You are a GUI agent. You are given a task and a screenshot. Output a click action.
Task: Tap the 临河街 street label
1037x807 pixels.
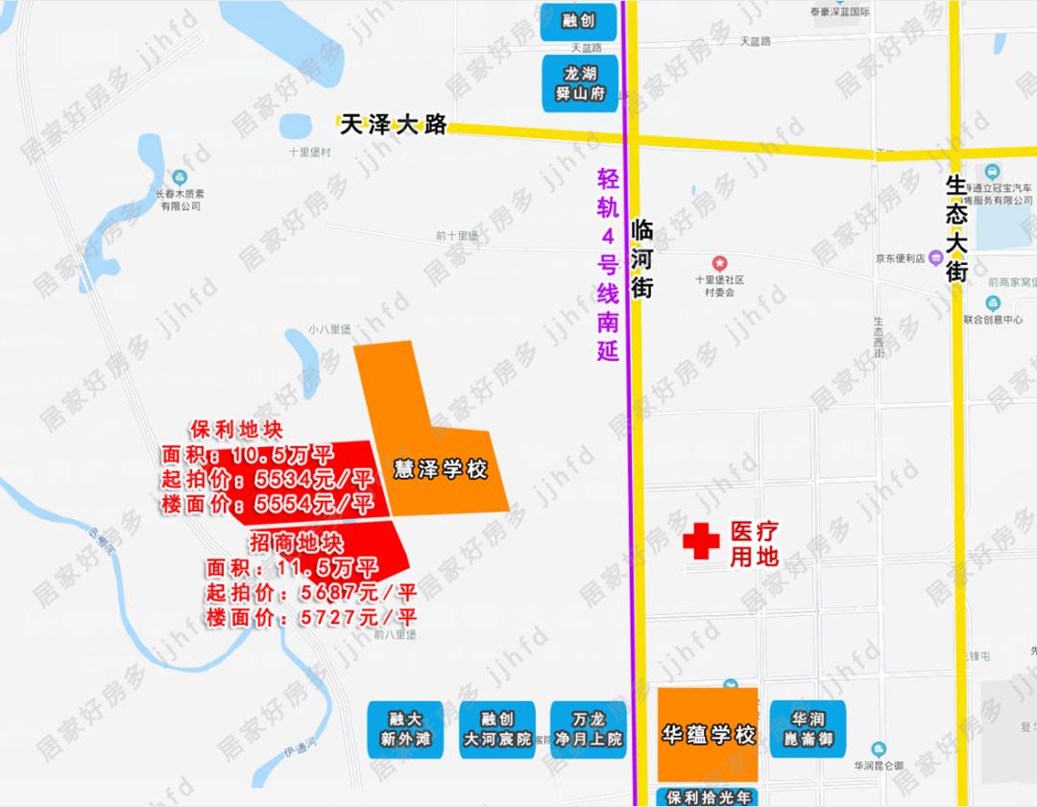642,259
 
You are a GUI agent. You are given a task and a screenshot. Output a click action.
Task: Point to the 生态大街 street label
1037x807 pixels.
956,227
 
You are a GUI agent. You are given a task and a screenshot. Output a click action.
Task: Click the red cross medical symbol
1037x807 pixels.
701,541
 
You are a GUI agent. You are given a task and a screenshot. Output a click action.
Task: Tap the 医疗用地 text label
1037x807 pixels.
754,543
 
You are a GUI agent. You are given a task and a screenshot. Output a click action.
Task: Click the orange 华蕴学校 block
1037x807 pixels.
708,735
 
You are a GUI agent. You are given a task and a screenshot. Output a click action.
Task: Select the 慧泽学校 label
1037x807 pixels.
441,470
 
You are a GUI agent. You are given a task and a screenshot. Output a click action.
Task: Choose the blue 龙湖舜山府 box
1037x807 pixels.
580,83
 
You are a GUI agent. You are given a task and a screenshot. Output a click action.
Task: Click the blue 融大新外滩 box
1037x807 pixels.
405,729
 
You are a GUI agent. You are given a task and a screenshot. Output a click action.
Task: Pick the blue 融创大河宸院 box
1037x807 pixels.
496,729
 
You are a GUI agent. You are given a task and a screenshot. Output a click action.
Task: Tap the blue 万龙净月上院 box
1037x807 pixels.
588,729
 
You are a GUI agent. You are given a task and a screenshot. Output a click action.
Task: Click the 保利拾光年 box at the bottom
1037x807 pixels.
708,796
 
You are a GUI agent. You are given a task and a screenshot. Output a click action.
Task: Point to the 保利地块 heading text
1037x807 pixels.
237,428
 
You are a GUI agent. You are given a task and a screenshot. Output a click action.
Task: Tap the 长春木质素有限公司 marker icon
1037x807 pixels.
180,178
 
